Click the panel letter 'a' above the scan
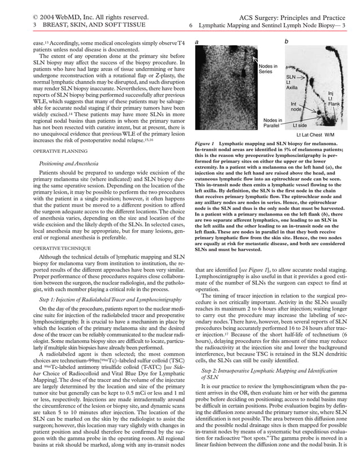196,42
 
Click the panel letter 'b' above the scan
287,42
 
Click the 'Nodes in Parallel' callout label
273,122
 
